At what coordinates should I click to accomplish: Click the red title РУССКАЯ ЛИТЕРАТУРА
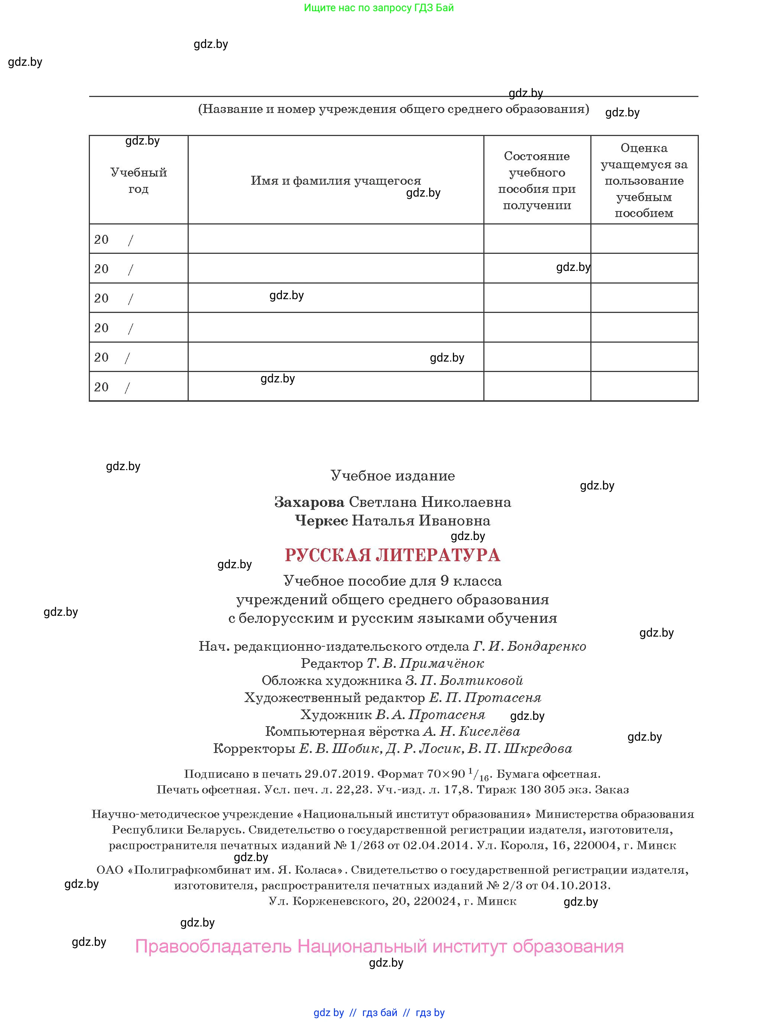(x=392, y=555)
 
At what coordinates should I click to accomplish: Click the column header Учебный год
(x=138, y=181)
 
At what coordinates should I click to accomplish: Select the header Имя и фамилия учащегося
(x=335, y=181)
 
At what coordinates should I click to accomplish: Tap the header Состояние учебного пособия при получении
(x=536, y=181)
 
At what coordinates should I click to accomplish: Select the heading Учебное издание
(x=392, y=476)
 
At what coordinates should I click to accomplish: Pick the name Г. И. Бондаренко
(x=530, y=647)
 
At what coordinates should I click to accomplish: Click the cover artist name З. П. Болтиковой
(x=464, y=680)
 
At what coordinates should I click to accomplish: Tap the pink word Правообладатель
(x=213, y=947)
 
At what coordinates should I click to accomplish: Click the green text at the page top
(x=379, y=8)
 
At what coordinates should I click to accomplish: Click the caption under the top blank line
(x=393, y=109)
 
